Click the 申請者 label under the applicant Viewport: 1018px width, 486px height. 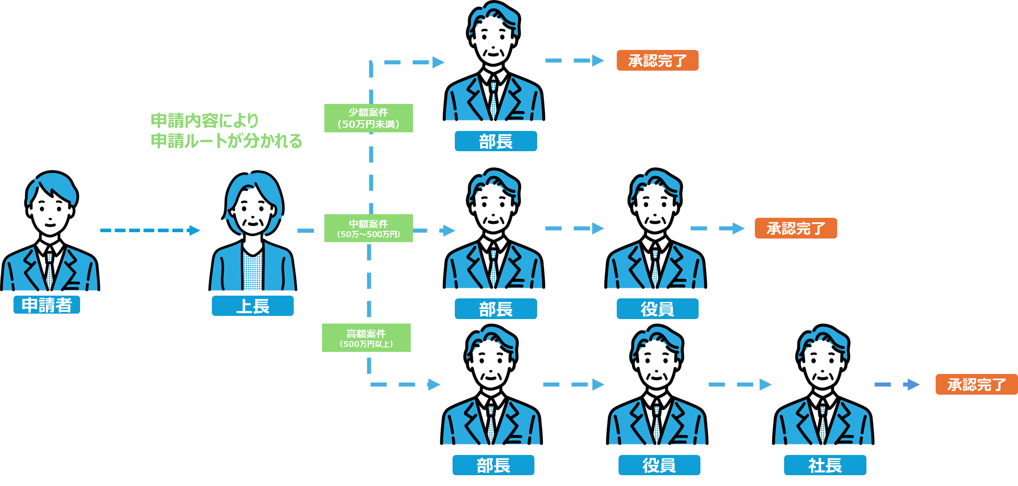(x=47, y=305)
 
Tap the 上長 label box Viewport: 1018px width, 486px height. (x=252, y=306)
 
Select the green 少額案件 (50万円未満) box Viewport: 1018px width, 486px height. (x=368, y=118)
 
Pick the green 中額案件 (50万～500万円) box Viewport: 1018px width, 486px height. (x=368, y=228)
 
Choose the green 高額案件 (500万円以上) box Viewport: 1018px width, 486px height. (x=366, y=338)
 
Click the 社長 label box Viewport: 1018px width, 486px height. (x=825, y=465)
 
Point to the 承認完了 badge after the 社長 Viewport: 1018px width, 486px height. (x=976, y=384)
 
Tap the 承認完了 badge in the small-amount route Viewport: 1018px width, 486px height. (x=657, y=60)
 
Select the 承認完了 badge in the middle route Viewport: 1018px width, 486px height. (x=795, y=228)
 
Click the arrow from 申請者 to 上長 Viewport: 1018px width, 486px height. (x=150, y=230)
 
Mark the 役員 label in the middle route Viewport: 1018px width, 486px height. (x=657, y=309)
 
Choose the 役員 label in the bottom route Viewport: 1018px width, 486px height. (x=659, y=465)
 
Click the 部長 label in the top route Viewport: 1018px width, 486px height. (x=495, y=141)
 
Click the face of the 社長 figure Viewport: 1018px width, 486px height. (x=823, y=365)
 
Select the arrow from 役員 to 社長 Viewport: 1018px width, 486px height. (x=740, y=385)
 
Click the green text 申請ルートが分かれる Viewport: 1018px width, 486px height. (x=226, y=141)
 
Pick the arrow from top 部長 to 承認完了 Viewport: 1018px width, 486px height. (x=574, y=60)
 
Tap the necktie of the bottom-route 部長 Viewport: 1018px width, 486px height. (x=491, y=423)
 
